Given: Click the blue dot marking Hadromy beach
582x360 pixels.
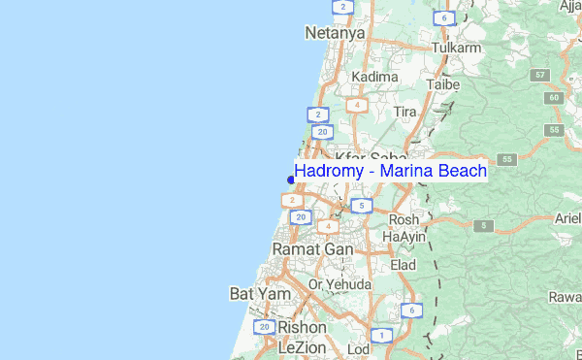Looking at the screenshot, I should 291,179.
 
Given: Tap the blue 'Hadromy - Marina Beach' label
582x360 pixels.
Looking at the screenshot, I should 390,171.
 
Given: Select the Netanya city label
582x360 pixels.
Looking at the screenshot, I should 335,33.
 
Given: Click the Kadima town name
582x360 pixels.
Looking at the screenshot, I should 374,76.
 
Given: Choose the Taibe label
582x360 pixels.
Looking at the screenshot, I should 442,84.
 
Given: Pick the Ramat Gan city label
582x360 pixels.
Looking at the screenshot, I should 312,249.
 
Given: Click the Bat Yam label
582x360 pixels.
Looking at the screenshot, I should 253,292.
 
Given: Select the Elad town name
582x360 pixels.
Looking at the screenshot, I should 403,264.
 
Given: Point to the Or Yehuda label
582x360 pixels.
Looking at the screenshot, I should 339,284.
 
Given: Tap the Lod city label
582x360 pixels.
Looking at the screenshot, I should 357,348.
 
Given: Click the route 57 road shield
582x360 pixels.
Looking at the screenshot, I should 540,75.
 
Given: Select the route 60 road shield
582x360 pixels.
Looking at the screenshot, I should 554,97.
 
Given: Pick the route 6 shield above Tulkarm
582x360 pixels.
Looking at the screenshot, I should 443,18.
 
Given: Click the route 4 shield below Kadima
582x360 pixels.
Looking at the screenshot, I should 358,105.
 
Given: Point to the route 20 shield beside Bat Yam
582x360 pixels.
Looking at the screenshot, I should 265,328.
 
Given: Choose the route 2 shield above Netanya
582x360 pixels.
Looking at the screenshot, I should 340,7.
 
